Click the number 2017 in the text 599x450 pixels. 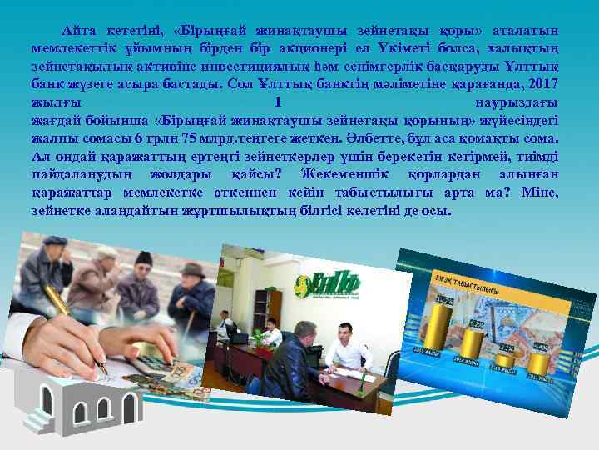click(x=541, y=84)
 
